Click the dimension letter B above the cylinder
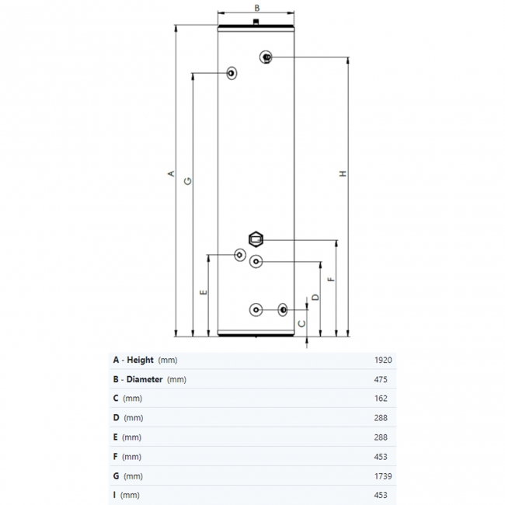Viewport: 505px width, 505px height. click(x=256, y=8)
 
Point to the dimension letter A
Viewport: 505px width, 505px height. click(x=171, y=173)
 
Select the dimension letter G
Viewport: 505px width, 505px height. click(x=187, y=181)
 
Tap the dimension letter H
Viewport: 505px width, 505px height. click(x=343, y=173)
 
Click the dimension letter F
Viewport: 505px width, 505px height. click(x=331, y=279)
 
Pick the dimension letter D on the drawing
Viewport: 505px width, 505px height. click(x=315, y=297)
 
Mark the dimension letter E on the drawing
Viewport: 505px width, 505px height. click(x=204, y=292)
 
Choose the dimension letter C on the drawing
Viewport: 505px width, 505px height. click(x=301, y=323)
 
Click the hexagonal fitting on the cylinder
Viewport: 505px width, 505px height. click(x=256, y=239)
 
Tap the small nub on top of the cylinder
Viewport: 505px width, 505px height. click(x=256, y=22)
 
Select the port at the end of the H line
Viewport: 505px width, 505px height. click(x=266, y=57)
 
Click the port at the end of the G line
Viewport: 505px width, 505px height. click(x=232, y=73)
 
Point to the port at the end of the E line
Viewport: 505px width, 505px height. click(x=240, y=255)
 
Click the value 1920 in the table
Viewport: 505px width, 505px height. click(x=383, y=360)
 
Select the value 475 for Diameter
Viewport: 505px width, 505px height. click(x=381, y=379)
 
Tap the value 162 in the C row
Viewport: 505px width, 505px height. click(x=381, y=399)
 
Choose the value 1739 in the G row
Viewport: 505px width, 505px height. click(x=383, y=476)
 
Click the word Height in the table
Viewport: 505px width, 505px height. click(x=140, y=360)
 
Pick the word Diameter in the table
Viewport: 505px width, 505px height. click(x=145, y=379)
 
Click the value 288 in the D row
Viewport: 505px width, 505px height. click(x=381, y=418)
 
